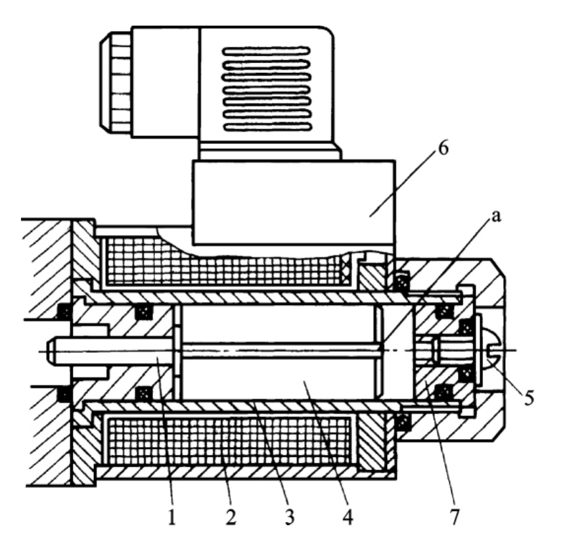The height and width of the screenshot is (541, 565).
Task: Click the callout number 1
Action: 172,517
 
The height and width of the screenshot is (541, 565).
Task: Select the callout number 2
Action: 231,517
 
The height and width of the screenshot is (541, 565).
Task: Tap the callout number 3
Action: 290,517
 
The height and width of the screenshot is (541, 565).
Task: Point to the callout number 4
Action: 348,517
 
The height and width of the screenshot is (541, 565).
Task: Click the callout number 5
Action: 529,398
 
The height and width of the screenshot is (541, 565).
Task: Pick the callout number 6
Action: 443,148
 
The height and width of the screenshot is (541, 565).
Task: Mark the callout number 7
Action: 455,517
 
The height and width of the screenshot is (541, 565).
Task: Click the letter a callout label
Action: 496,216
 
